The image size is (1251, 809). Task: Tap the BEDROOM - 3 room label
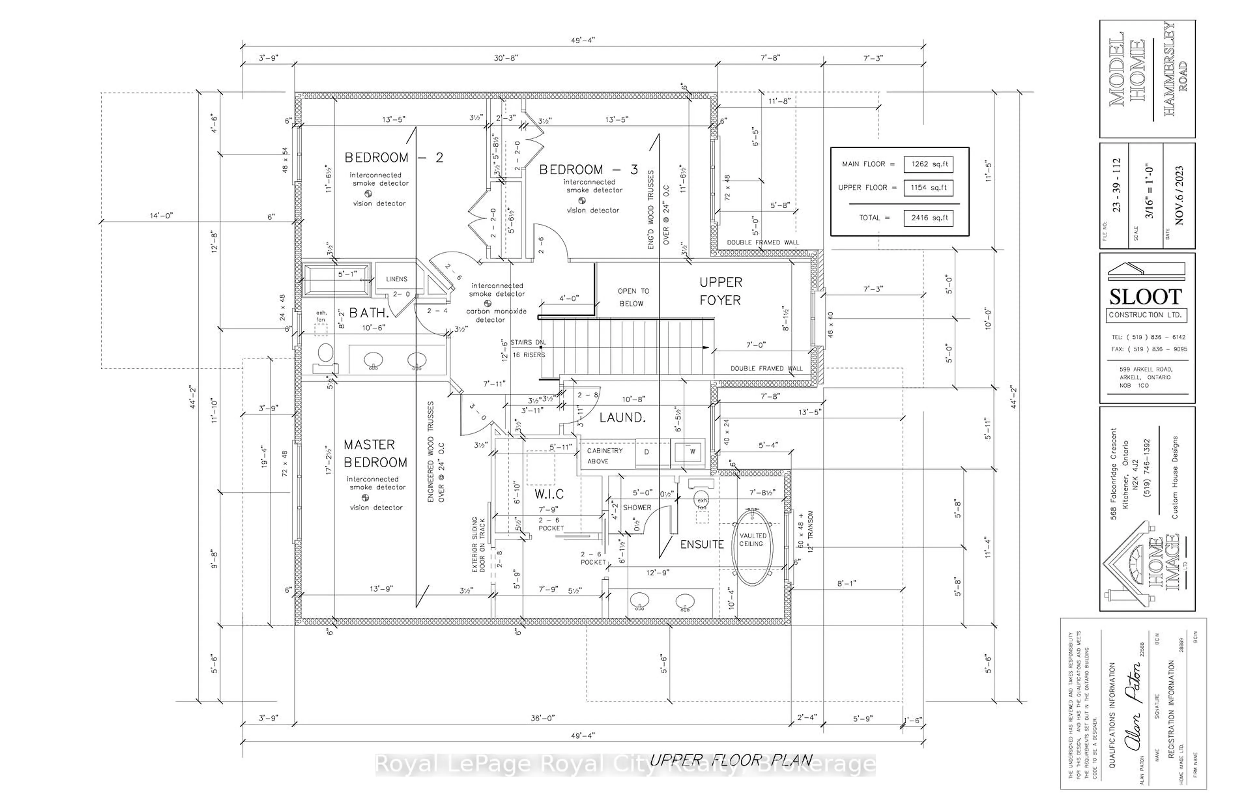point(588,170)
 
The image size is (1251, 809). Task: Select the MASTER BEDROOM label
point(375,453)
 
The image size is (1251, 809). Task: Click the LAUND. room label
point(622,418)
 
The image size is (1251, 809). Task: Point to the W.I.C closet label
point(549,494)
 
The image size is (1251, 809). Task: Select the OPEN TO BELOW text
point(633,297)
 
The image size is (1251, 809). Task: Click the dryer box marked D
point(646,452)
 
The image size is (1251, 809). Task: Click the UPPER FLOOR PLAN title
point(730,759)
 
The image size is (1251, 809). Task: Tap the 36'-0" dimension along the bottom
point(542,717)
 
